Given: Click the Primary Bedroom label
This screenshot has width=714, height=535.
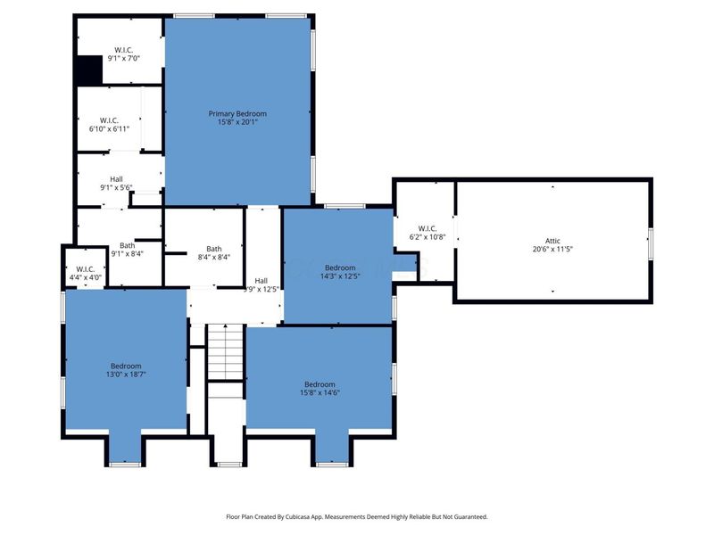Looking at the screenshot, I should tap(237, 113).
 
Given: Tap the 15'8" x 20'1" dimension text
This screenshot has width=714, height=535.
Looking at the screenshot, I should tap(237, 122).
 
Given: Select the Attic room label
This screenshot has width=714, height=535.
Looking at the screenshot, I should tap(553, 241).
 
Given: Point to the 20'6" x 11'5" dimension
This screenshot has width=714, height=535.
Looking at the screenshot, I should tap(553, 250).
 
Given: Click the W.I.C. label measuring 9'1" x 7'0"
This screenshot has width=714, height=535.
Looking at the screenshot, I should tap(123, 49).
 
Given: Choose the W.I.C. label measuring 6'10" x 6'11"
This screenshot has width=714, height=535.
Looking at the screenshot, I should tap(110, 119).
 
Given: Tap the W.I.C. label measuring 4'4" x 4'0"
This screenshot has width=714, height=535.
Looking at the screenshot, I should tap(86, 268).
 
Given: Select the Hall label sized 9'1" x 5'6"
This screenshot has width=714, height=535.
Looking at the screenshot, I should tap(117, 178).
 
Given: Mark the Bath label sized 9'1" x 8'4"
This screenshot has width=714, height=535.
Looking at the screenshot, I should tap(128, 245).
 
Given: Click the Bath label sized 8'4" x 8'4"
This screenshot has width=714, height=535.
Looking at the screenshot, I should tap(214, 249).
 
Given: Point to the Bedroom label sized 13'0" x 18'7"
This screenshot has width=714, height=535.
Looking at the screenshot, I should tap(126, 366).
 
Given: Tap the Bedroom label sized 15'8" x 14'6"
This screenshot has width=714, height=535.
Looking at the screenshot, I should tap(320, 384).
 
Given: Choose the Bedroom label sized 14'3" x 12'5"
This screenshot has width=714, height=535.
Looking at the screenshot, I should tap(341, 267).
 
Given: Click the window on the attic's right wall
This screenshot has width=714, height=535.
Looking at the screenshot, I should tap(651, 241).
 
